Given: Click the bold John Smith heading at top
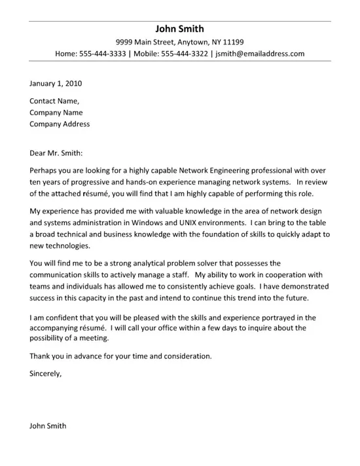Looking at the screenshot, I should point(180,29).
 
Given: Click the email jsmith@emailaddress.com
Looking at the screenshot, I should point(260,54).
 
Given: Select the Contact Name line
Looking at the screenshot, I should point(54,101).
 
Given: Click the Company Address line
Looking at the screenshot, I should point(60,124).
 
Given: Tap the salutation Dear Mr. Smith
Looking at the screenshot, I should point(56,153).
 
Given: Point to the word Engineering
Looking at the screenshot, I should point(226,171).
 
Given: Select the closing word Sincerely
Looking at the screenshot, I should point(46,374).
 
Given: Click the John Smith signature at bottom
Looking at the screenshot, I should point(48,425).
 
